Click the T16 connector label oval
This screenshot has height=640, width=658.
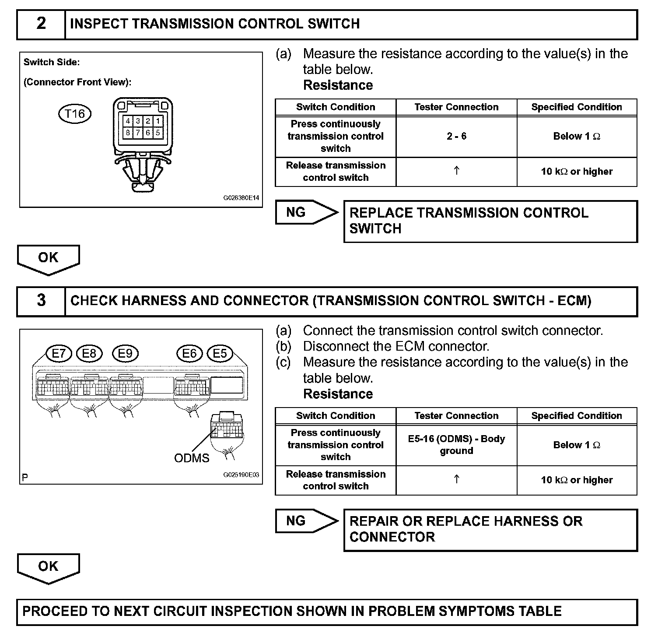[x=75, y=114]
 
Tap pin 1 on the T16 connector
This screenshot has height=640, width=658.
[x=158, y=121]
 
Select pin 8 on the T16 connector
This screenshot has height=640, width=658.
[x=128, y=132]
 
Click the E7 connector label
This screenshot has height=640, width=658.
[x=59, y=353]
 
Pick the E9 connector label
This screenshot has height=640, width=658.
[x=125, y=353]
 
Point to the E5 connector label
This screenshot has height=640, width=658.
[x=220, y=353]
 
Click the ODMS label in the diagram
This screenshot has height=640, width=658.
[x=192, y=458]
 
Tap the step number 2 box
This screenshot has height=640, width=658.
[x=41, y=24]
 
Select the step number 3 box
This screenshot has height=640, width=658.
[x=41, y=301]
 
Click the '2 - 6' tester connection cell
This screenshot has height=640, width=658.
[x=456, y=136]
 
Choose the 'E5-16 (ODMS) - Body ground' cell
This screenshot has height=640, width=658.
[x=456, y=445]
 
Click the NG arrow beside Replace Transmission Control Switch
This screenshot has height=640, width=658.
[x=306, y=213]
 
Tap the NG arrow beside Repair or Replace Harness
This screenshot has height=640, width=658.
[x=306, y=521]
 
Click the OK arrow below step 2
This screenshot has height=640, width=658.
[x=48, y=259]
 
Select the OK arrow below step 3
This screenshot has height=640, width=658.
[x=48, y=567]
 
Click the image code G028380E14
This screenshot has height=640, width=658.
[x=241, y=198]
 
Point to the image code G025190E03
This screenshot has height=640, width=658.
[x=241, y=475]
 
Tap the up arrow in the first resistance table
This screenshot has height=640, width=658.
[x=456, y=171]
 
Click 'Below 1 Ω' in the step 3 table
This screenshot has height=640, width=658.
[x=577, y=445]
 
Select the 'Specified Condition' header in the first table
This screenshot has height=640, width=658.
[x=577, y=107]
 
